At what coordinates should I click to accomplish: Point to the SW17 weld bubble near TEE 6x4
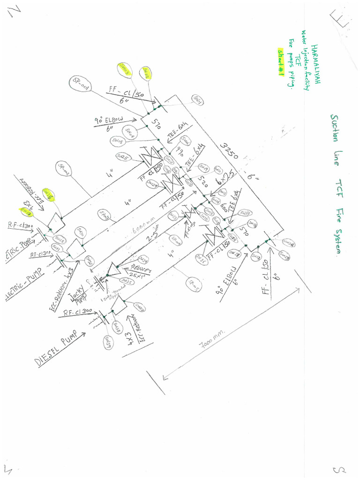[x=245, y=212]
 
